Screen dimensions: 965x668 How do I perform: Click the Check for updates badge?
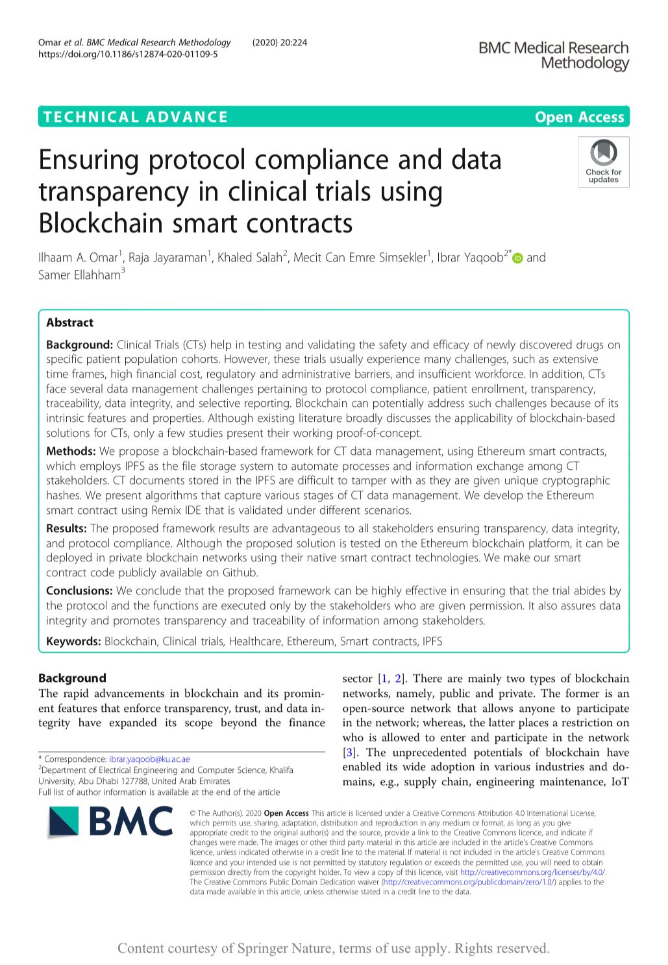coord(603,162)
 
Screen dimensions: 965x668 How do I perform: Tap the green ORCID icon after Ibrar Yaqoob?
coord(517,258)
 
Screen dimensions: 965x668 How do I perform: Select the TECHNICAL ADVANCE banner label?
coord(136,117)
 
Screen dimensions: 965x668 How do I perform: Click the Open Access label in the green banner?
coord(579,117)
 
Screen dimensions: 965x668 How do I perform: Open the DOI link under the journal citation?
coord(128,55)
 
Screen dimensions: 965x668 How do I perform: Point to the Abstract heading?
coord(69,323)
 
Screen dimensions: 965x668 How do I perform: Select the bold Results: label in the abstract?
coord(66,528)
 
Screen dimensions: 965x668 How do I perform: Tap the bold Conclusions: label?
coord(79,591)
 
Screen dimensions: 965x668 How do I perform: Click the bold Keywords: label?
coord(73,641)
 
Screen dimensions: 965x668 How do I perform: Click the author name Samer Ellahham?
coord(79,275)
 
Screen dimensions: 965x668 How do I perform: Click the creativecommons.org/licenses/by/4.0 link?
coord(532,872)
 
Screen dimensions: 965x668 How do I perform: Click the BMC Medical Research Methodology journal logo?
coord(553,55)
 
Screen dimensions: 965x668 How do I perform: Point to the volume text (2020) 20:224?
coord(279,43)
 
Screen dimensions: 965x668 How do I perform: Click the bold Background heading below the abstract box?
coord(72,678)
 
